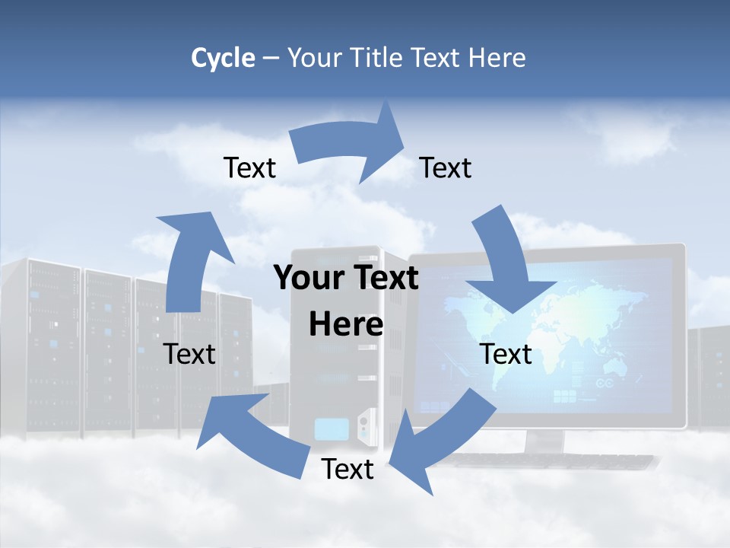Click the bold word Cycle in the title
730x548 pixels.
[x=223, y=58]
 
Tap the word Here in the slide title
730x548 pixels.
[x=495, y=58]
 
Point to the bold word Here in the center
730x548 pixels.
[x=346, y=324]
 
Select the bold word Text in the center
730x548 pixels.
[x=383, y=279]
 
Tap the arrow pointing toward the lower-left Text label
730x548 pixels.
[x=251, y=434]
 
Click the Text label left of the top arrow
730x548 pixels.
[x=249, y=168]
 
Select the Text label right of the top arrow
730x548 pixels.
[x=446, y=168]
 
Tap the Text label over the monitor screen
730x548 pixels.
[x=506, y=354]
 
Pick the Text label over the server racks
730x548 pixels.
[x=189, y=354]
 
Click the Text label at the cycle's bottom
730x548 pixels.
[x=348, y=470]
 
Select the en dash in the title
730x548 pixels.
[x=271, y=59]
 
